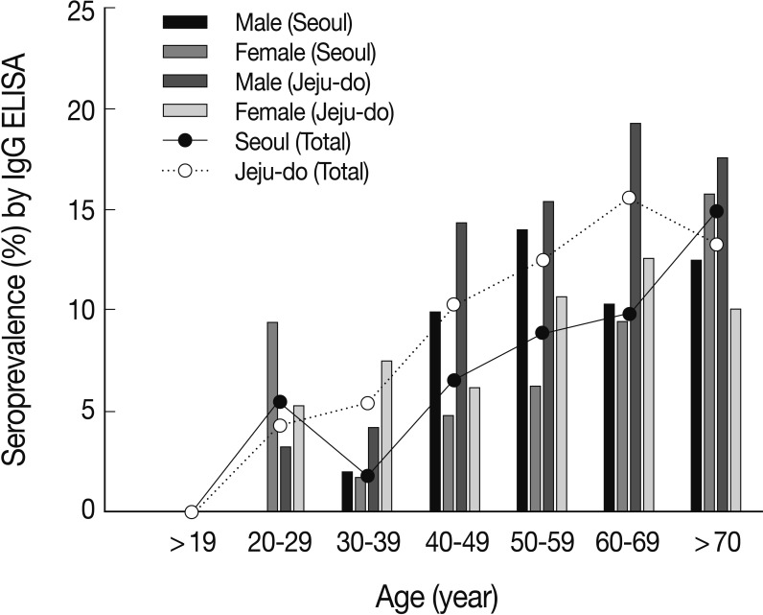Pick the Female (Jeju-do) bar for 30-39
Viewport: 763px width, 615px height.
coord(386,436)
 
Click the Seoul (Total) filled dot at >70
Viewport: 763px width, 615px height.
coord(717,211)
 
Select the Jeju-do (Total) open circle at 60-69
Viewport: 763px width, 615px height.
coord(629,198)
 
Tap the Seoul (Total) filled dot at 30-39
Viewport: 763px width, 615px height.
coord(367,476)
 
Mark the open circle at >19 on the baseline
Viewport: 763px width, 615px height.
coord(192,511)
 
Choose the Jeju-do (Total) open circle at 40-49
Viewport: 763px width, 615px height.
coord(454,304)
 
